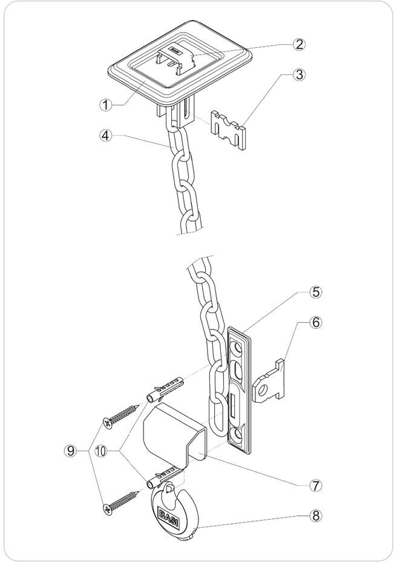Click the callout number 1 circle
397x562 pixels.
click(106, 104)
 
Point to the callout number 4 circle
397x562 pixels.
click(106, 135)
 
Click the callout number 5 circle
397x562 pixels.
click(315, 292)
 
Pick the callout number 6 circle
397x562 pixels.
click(315, 323)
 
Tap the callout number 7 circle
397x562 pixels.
click(315, 485)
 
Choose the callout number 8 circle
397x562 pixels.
click(315, 516)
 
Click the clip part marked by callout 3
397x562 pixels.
click(230, 129)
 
